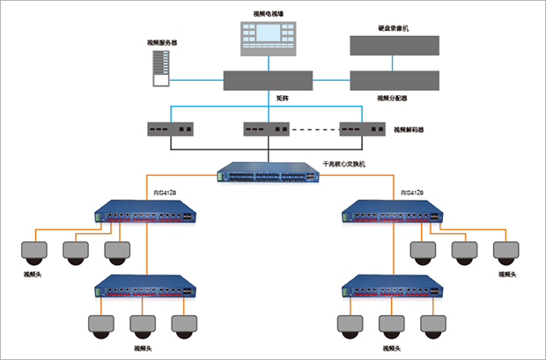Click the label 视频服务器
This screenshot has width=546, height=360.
coord(161,42)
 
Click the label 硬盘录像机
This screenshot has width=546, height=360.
coord(393,28)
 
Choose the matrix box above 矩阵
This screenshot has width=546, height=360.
coord(269,80)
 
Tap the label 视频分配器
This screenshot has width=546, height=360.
coord(393,98)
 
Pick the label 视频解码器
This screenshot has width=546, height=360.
coord(409,129)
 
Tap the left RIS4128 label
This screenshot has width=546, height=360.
coord(166,193)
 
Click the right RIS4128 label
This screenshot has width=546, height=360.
coord(411,193)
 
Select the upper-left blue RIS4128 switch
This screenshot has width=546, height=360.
coord(145,211)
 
